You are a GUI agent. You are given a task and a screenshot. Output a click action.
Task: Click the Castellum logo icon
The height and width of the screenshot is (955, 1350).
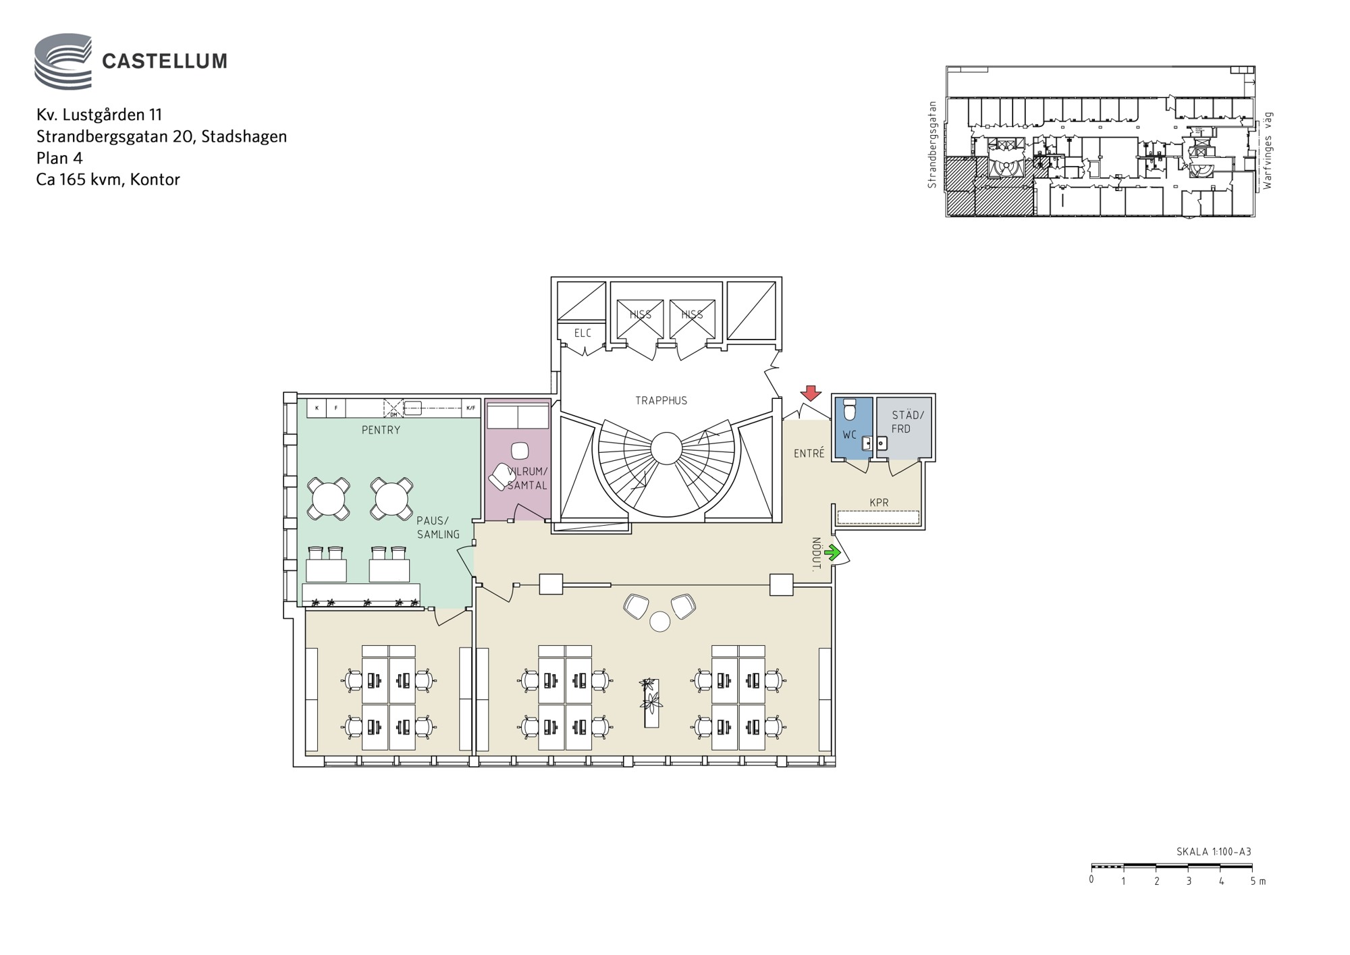coord(63,61)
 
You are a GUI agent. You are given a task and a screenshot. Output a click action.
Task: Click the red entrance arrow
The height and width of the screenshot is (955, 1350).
coord(811,393)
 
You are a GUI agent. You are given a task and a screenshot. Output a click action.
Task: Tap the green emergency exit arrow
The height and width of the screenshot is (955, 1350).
coord(832,553)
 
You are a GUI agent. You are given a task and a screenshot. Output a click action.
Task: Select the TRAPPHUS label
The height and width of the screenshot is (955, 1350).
coord(661,400)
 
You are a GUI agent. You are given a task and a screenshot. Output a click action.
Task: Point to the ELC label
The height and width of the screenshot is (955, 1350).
coord(583,333)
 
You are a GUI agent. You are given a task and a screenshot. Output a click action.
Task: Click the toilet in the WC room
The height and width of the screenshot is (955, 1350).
coord(850,409)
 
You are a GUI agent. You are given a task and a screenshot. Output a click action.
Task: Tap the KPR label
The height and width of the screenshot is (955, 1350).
coord(879,502)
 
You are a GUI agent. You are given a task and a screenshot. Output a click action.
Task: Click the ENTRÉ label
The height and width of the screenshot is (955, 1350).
coord(809,454)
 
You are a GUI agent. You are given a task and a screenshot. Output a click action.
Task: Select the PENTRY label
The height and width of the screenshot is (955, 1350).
coord(381,430)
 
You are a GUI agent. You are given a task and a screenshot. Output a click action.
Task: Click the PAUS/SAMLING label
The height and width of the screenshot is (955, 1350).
coord(437,527)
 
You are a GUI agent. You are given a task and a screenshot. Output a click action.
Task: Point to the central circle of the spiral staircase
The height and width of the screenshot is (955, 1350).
coord(666,449)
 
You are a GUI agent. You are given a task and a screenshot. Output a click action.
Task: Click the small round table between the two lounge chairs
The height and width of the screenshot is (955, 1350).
coord(659,622)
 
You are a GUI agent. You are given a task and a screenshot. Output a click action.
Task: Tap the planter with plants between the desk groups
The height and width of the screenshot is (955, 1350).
coord(651,703)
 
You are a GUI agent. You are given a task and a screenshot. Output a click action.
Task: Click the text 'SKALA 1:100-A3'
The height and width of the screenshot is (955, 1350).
coord(1214,852)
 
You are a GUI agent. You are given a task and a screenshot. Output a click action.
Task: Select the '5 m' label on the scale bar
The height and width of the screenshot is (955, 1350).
coord(1258,881)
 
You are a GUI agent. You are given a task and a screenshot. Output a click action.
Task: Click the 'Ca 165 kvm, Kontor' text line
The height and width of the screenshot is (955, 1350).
coord(108,180)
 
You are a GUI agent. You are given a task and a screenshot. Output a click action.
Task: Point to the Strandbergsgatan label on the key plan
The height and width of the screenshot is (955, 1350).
coord(932,144)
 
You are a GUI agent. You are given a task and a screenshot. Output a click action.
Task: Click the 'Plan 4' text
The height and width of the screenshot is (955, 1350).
coord(59,158)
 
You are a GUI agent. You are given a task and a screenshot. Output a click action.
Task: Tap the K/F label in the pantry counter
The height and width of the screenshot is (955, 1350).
coord(470,408)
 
